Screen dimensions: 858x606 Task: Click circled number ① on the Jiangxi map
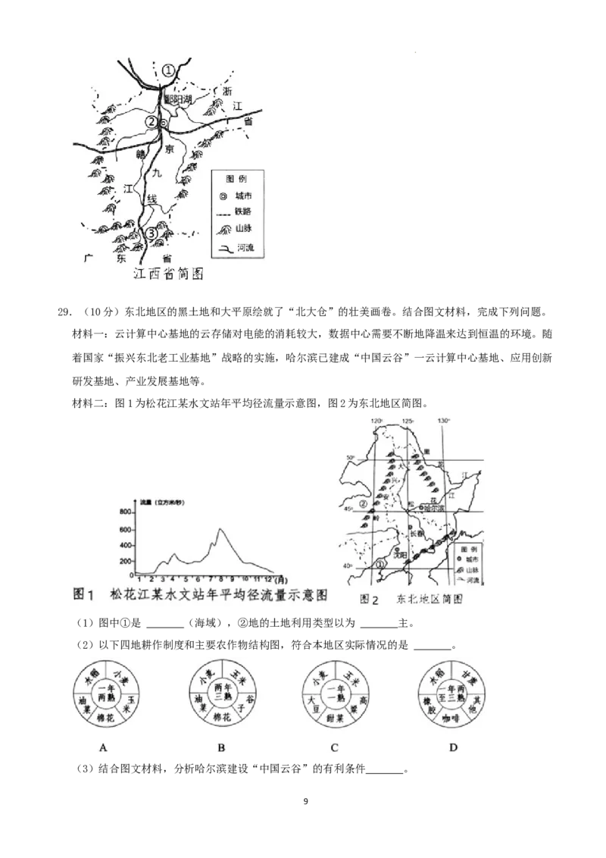168,70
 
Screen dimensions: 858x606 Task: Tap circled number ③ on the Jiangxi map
151,233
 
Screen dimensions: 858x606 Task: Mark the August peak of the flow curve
220,529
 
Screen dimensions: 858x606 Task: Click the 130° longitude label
444,421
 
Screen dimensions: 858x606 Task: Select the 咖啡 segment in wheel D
452,717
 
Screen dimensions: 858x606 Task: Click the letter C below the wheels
335,748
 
